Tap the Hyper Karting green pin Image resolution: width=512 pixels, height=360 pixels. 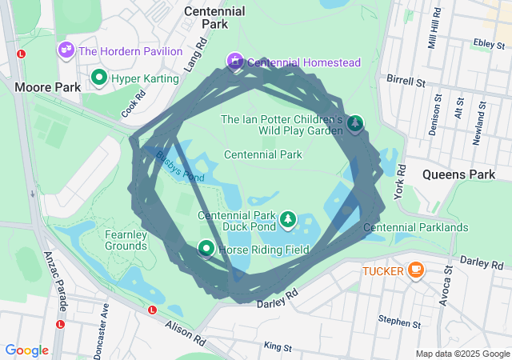coord(99,78)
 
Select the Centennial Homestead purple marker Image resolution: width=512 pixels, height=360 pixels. coord(235,61)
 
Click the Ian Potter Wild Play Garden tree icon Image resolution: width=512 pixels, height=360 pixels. coord(354,123)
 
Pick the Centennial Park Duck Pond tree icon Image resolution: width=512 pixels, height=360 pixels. coord(287,218)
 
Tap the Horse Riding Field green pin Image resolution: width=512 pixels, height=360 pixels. coord(206,250)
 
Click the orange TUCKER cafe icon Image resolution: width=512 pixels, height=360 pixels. coord(415,270)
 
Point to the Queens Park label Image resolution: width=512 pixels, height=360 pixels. coord(458,174)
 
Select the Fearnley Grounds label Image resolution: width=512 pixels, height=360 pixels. coord(126,240)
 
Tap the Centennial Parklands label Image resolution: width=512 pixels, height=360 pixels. coord(415,228)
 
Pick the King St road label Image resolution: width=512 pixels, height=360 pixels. coord(278,347)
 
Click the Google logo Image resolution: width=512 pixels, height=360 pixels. coord(27,350)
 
